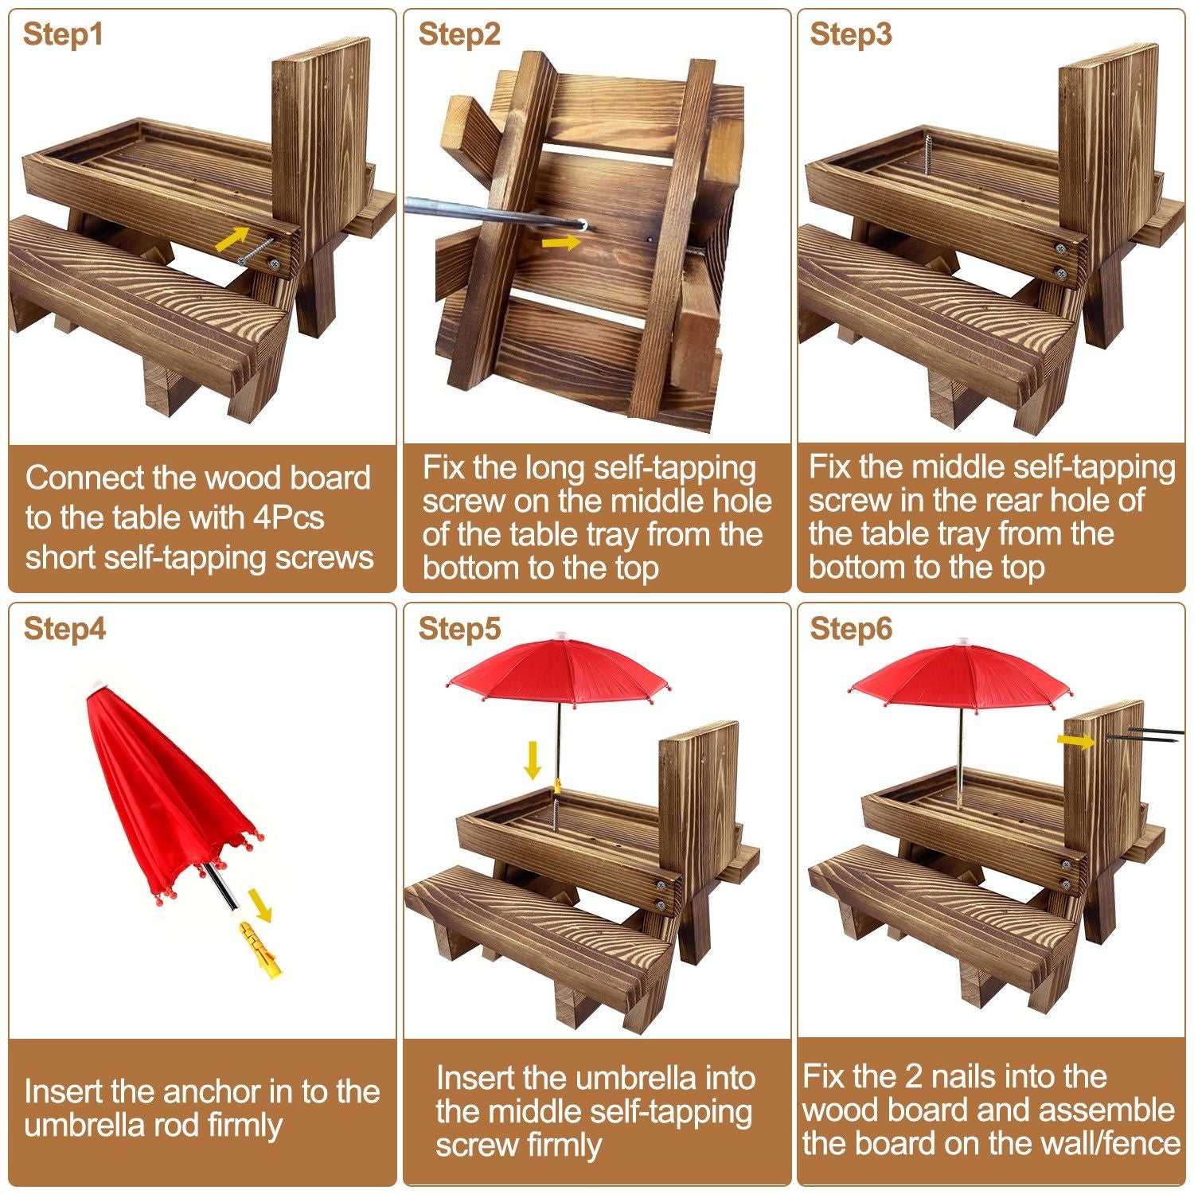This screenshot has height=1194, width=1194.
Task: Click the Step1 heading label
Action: (63, 35)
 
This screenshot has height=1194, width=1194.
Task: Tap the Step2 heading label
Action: (459, 35)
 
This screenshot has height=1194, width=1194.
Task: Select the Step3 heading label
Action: (851, 35)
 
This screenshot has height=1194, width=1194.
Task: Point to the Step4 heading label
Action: (64, 629)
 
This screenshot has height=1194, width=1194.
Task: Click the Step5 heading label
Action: (459, 629)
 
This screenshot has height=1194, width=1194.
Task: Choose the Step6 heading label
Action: (851, 629)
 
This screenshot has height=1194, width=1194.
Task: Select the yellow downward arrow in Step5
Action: (533, 762)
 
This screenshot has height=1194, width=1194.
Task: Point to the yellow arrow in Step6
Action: (1076, 741)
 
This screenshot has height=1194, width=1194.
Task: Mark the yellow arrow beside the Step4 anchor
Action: (259, 905)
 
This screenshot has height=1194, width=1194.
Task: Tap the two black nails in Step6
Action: (1144, 735)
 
